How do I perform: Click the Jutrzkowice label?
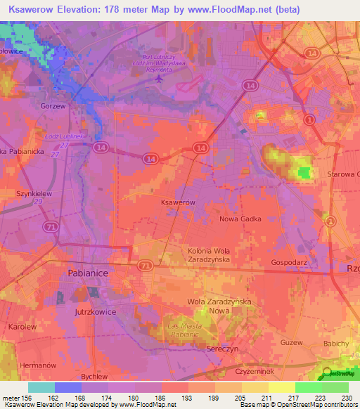pyautogui.click(x=93, y=311)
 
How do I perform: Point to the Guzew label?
pyautogui.click(x=291, y=342)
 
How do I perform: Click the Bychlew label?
pyautogui.click(x=94, y=377)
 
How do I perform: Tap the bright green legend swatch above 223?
pyautogui.click(x=308, y=387)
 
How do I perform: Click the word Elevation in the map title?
pyautogui.click(x=87, y=10)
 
